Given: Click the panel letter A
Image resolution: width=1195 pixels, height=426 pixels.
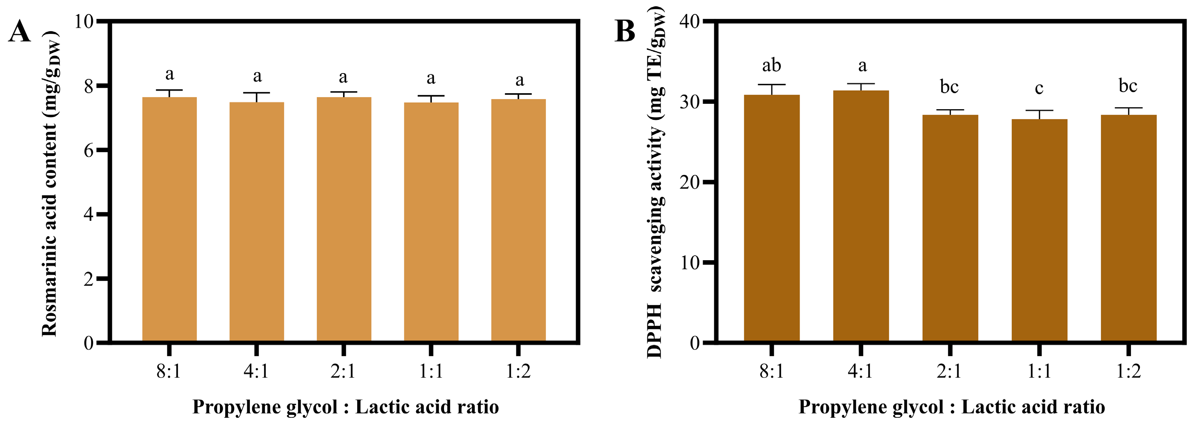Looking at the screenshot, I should tap(20, 31).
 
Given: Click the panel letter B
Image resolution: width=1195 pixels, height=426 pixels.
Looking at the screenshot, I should tap(625, 31).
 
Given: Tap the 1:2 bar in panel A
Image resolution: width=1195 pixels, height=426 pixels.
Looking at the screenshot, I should tap(518, 220).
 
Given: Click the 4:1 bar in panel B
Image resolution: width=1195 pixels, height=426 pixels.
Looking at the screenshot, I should tap(861, 216).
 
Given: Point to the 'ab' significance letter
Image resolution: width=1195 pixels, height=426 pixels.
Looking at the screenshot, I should tap(771, 65).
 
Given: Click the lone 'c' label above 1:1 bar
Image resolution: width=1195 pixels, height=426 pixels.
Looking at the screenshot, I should tap(1039, 88).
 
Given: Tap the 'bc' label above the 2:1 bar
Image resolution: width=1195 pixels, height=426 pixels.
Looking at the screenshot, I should tap(949, 87).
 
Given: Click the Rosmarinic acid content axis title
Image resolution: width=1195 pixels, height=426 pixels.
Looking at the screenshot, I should tap(50, 183).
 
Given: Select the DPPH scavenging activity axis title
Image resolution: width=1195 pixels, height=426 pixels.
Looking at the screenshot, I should tap(655, 183).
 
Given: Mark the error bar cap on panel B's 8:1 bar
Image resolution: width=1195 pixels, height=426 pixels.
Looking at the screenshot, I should tap(771, 85).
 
